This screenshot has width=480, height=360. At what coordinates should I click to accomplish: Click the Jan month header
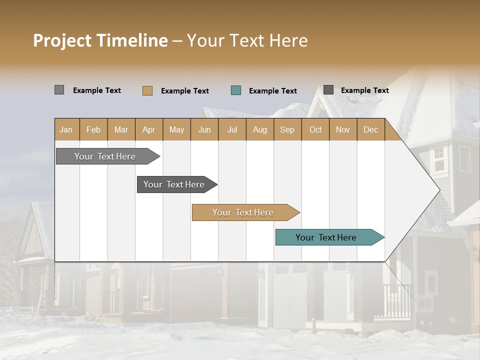coord(66,130)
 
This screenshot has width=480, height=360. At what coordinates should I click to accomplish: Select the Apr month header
coord(149,130)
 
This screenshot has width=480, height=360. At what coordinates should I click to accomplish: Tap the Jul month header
coord(232,130)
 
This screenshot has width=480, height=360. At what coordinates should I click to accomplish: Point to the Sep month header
coord(287,130)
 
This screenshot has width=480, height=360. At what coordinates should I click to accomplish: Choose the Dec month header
coord(370,130)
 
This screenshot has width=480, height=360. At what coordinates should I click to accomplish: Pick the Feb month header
coord(93,130)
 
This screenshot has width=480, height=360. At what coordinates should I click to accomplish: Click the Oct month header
coord(315,130)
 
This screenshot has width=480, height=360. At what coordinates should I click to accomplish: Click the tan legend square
coord(147,90)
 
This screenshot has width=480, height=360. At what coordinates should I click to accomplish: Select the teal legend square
coord(236,90)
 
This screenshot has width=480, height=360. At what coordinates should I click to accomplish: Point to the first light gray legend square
coord(59,90)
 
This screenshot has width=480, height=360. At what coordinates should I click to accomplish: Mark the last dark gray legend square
coord(328,90)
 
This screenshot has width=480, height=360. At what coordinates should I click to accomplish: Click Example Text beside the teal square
coord(272,91)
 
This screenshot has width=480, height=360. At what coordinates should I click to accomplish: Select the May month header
coord(176,130)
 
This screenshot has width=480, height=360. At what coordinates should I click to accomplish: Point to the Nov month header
coord(342,130)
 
